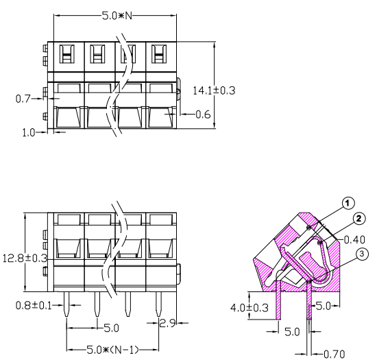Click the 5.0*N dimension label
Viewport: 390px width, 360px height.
point(117,16)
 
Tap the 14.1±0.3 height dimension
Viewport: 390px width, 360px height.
point(214,91)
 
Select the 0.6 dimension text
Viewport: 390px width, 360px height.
point(203,115)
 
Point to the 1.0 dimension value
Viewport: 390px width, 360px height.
point(29,132)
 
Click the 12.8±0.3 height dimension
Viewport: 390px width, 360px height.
point(25,259)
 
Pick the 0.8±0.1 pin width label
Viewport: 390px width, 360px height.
point(34,305)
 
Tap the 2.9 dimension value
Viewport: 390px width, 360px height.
point(167,323)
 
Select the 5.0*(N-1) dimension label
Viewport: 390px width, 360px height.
point(112,350)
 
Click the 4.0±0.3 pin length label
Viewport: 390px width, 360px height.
point(249,308)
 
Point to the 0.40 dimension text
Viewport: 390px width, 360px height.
point(354,240)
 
